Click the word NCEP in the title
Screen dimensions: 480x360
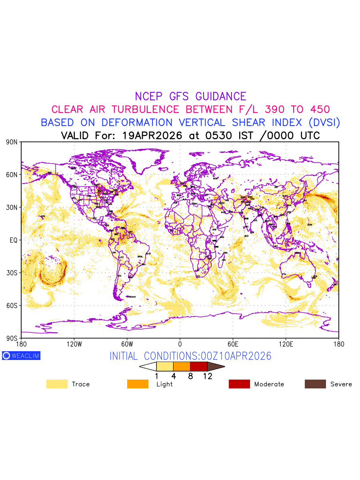[x=149, y=96]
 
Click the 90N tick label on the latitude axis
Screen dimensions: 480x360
[x=12, y=142]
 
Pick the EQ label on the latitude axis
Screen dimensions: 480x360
[x=14, y=240]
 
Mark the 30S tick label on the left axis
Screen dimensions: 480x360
[x=12, y=273]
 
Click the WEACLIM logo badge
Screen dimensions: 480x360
[x=21, y=356]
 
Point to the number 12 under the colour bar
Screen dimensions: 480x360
[x=207, y=376]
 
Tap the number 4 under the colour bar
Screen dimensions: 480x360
[x=173, y=376]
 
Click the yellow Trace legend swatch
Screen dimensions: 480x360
[x=57, y=384]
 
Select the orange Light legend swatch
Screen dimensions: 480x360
[x=138, y=384]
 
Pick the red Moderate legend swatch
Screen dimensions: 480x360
[x=239, y=384]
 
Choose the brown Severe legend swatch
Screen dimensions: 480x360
[x=315, y=384]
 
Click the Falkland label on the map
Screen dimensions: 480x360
[x=131, y=297]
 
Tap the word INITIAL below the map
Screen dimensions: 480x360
[x=125, y=356]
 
